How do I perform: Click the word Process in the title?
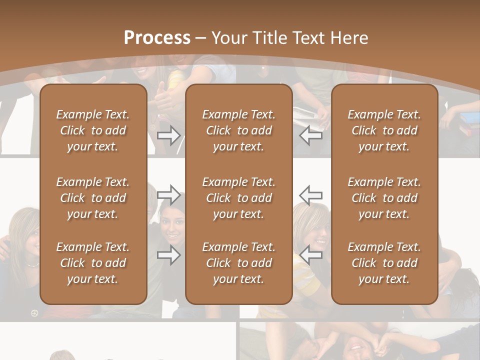click(157, 38)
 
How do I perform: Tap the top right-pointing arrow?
click(169, 135)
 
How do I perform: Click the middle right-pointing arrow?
click(169, 194)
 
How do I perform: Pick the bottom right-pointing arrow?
click(169, 255)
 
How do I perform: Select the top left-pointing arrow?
click(311, 135)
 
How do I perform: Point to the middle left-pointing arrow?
click(311, 194)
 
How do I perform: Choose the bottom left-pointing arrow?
click(311, 255)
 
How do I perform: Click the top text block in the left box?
click(93, 130)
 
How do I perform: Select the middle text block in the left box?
click(93, 198)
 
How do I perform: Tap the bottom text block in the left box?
click(93, 263)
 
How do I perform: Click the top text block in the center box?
click(238, 130)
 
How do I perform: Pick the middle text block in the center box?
click(238, 198)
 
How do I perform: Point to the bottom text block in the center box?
click(238, 263)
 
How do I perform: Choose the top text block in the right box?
click(384, 130)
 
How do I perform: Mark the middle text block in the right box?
click(384, 198)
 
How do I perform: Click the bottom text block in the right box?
click(384, 263)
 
